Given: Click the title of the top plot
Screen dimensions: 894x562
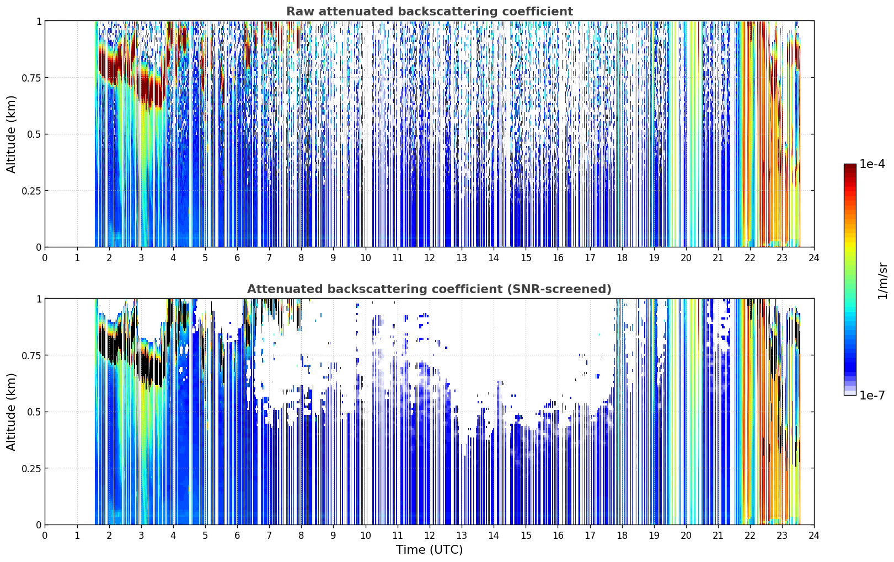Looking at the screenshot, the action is pos(430,11).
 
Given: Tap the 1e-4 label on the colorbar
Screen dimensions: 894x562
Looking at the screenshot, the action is pos(872,164).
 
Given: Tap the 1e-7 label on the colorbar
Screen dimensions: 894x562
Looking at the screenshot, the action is pos(872,396).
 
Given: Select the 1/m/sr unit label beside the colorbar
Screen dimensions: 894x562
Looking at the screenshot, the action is pos(882,280).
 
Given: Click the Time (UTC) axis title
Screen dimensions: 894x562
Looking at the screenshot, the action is pos(430,550).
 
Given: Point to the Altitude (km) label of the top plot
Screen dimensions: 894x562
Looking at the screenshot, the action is pos(11,134).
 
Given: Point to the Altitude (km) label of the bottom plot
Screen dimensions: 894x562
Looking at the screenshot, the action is pos(11,412).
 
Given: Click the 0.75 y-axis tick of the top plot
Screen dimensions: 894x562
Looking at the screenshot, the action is pos(31,78).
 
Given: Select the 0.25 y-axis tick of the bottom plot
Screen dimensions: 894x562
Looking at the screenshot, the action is pos(31,468).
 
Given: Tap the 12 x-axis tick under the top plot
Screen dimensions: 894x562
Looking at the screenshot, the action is pos(430,258).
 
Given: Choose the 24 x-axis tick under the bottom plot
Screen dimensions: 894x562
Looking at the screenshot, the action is pos(814,536).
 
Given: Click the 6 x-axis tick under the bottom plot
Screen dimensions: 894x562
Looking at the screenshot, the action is pos(237,536).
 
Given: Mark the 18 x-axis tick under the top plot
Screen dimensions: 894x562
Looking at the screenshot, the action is pos(622,258).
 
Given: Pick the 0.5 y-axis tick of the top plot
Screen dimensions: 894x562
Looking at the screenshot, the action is pos(34,134).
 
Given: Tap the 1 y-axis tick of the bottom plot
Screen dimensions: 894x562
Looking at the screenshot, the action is pos(39,299).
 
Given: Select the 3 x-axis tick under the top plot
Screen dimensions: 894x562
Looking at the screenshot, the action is pos(141,258).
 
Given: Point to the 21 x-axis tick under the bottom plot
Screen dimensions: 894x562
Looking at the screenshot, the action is pos(718,536).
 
